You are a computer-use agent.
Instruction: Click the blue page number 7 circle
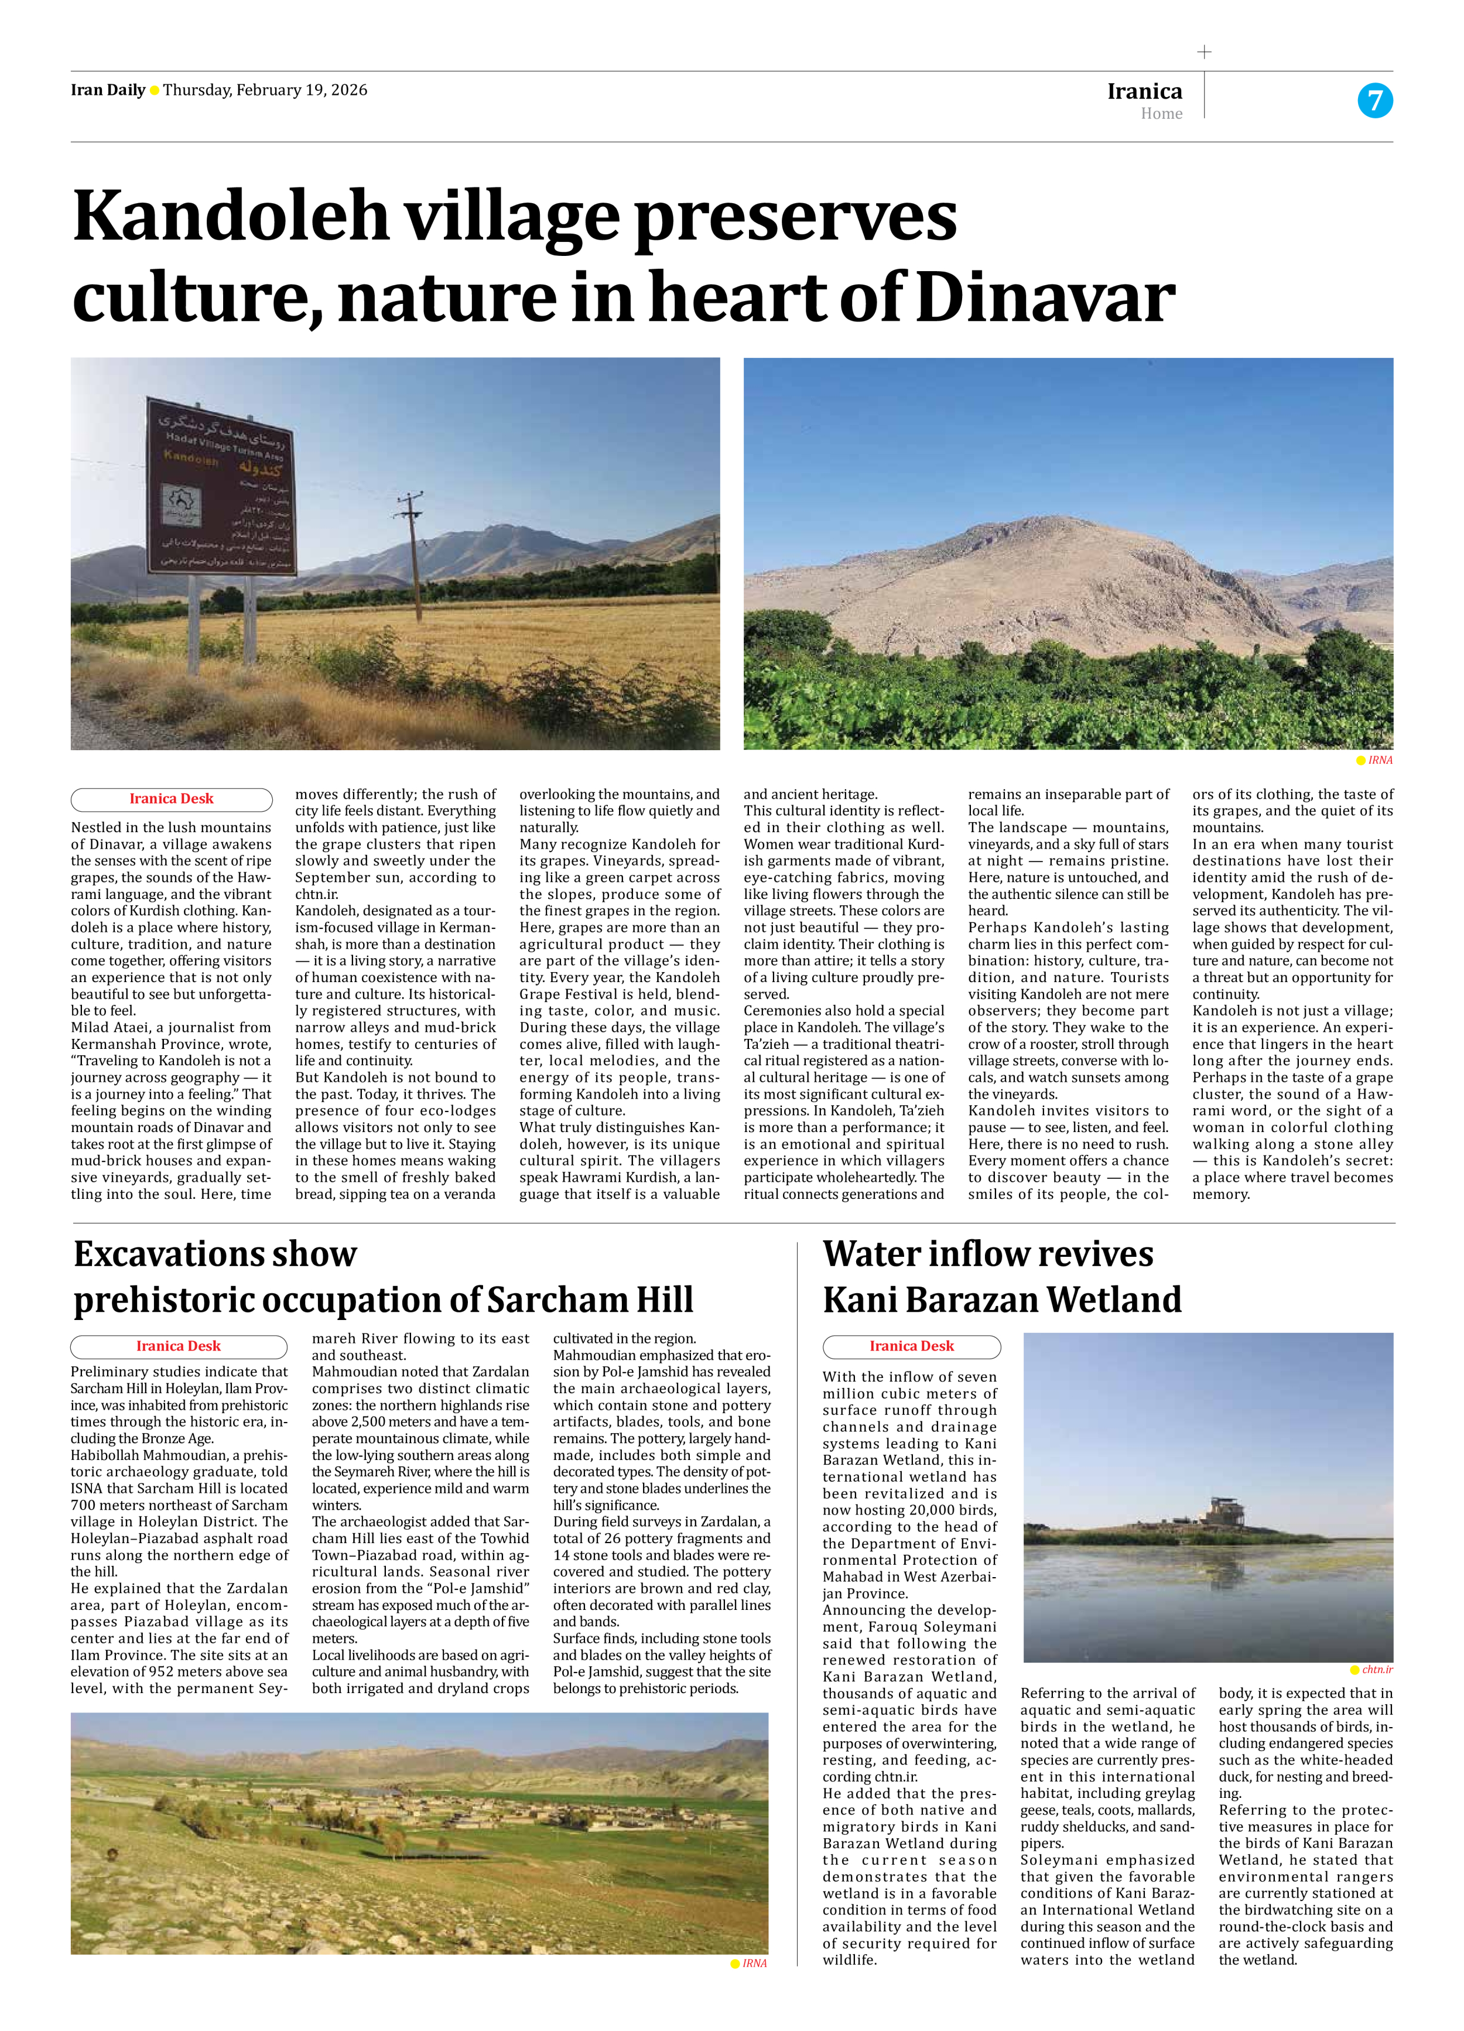tap(1374, 100)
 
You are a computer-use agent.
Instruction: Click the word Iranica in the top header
tap(1144, 91)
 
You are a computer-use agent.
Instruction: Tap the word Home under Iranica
tap(1161, 114)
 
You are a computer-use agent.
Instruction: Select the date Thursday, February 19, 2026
tap(265, 90)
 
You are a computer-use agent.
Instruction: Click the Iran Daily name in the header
tap(107, 90)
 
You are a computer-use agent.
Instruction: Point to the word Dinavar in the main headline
tap(1045, 298)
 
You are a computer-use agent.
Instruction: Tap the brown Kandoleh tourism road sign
tap(220, 488)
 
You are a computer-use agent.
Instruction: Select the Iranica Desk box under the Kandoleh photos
tap(171, 799)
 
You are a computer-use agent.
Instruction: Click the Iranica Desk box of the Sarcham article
tap(178, 1346)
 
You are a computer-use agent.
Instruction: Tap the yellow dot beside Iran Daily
tap(154, 90)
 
